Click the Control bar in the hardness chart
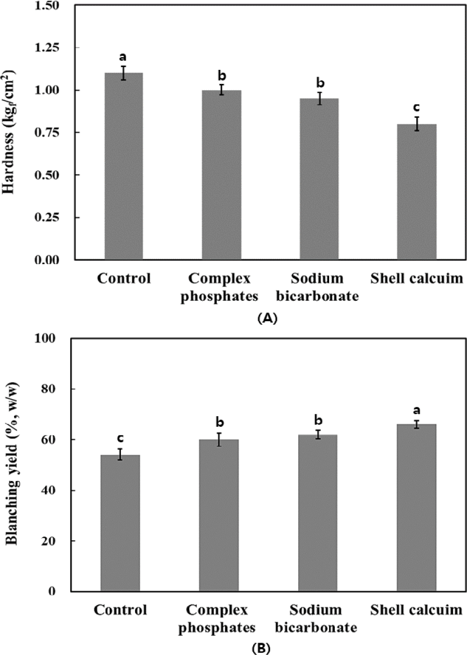tap(124, 166)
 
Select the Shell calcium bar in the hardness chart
tap(416, 191)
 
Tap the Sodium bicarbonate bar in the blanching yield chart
tap(317, 513)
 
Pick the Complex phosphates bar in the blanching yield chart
tap(219, 515)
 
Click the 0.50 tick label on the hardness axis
tap(47, 175)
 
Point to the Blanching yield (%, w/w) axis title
tap(12, 464)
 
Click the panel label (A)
tap(267, 318)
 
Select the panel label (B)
tap(261, 649)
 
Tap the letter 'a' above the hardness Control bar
tap(123, 57)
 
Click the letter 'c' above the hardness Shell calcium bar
tap(416, 108)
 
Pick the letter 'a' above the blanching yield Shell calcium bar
tap(416, 410)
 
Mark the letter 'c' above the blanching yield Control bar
tap(120, 438)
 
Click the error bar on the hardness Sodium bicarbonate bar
tap(319, 98)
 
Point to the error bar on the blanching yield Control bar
tap(120, 454)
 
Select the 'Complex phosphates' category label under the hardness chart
tap(219, 287)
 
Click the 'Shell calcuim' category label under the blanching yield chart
tap(416, 611)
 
